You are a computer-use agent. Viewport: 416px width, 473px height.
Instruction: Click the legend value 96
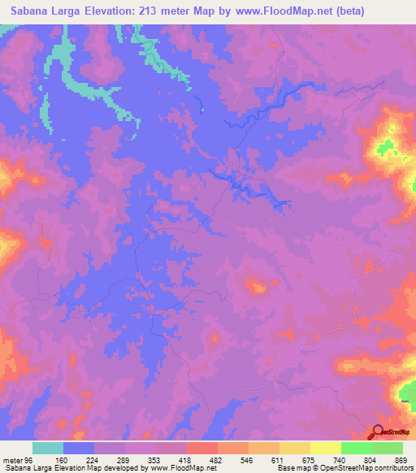coord(33,460)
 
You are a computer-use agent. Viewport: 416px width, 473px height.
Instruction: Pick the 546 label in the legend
coord(248,460)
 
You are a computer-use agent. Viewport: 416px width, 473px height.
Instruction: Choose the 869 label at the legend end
coord(401,460)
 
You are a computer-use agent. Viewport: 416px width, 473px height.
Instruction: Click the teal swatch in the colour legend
coord(48,448)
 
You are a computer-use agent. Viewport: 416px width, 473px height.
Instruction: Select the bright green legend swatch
coord(356,448)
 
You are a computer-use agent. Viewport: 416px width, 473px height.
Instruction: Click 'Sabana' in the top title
coord(32,11)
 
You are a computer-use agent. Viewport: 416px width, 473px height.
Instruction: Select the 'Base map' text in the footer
coord(292,469)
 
